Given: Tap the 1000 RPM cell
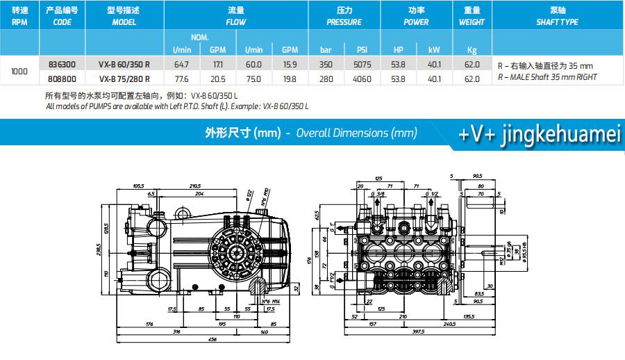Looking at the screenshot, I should point(21,71).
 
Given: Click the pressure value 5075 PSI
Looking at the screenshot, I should point(362,64).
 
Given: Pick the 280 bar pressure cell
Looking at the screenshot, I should point(326,79).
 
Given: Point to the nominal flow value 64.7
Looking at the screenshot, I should point(181,64).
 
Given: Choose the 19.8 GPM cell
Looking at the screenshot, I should point(290,79).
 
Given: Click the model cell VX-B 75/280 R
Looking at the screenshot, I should point(125,79).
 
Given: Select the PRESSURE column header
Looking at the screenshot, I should point(344,16).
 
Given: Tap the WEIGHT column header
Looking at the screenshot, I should point(472,16).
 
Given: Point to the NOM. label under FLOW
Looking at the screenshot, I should point(200,37).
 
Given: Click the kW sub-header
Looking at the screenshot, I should point(434,49).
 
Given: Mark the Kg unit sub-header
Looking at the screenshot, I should point(472,49).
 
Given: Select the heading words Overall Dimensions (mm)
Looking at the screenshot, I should point(356,133).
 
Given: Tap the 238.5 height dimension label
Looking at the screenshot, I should point(99,248).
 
